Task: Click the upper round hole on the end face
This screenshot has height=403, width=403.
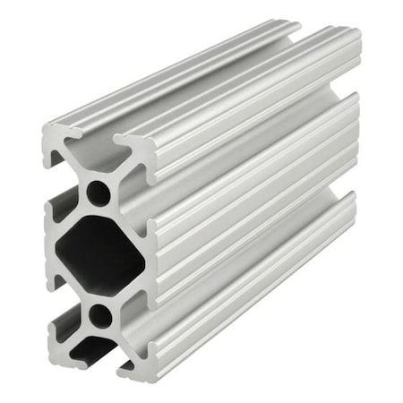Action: pos(99,193)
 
